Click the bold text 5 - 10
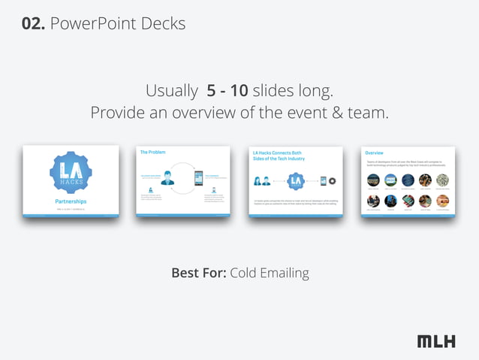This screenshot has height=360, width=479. (227, 92)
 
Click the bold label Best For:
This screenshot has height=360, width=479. (198, 272)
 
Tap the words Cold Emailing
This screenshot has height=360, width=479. (270, 272)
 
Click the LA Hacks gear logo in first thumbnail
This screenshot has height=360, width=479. (71, 174)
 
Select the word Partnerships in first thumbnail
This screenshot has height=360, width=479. (71, 201)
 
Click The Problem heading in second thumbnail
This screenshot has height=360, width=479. (153, 153)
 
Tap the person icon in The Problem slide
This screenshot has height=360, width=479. (167, 178)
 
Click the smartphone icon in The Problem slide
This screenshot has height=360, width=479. (199, 179)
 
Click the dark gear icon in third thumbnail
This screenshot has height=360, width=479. (332, 181)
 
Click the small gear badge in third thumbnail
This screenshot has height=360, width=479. (296, 181)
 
